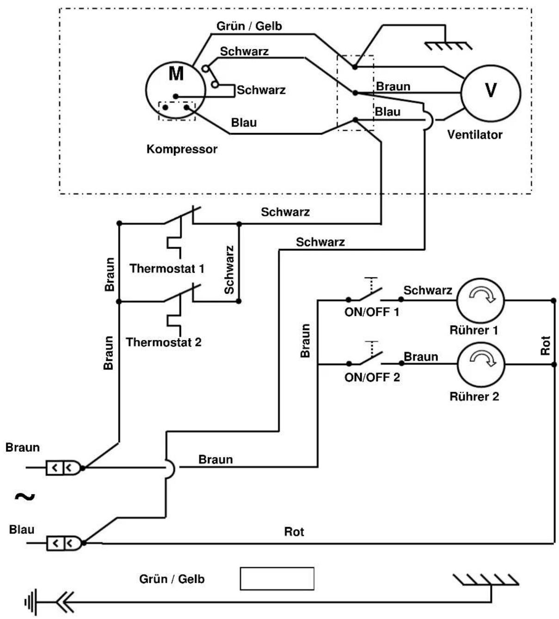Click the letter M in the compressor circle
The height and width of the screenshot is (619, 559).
tap(176, 73)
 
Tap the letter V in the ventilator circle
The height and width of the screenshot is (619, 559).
tap(491, 90)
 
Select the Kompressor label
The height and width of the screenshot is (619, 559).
tap(182, 149)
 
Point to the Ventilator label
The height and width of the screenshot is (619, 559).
tap(475, 134)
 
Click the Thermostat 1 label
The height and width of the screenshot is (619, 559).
tap(167, 268)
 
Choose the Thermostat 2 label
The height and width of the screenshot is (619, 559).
tap(164, 342)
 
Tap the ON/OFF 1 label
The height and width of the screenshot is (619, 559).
tap(372, 312)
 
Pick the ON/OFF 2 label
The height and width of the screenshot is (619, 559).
tap(372, 377)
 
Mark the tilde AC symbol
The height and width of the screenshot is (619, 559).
tap(25, 497)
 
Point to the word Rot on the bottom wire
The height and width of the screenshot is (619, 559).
tap(294, 532)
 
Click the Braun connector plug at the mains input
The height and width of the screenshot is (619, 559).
tap(64, 468)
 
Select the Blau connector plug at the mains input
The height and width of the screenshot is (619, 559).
tap(65, 543)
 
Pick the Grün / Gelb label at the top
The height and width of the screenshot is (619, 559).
tap(249, 26)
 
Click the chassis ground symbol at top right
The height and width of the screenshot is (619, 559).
tap(448, 46)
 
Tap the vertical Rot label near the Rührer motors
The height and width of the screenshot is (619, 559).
tap(545, 345)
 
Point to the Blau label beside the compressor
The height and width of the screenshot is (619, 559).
tap(244, 122)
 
